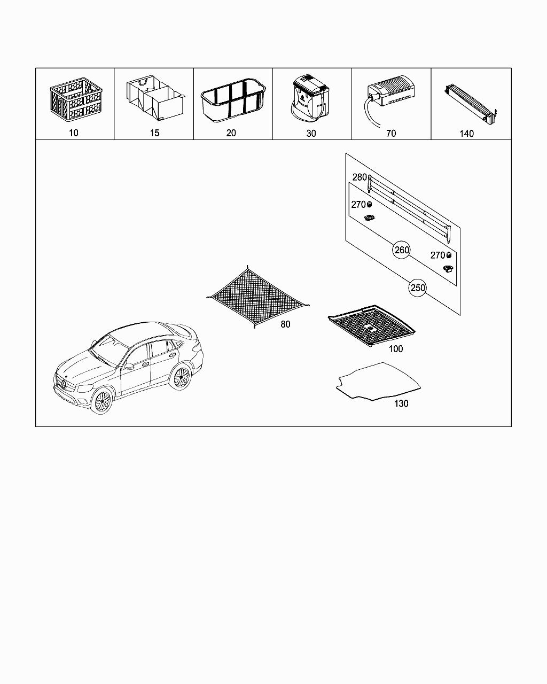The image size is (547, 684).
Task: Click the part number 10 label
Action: [74, 133]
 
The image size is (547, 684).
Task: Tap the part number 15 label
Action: [154, 133]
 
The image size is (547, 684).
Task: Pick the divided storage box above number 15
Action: [154, 99]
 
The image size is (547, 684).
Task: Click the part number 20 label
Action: [231, 133]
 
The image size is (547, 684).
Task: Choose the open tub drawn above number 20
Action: [233, 99]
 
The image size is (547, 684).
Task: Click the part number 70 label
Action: [391, 134]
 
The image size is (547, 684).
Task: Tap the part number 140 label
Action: [466, 134]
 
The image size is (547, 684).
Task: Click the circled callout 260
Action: [402, 250]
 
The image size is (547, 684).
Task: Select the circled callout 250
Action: [418, 288]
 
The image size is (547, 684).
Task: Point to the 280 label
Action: [359, 177]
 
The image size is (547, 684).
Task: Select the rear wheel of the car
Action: [182, 377]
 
